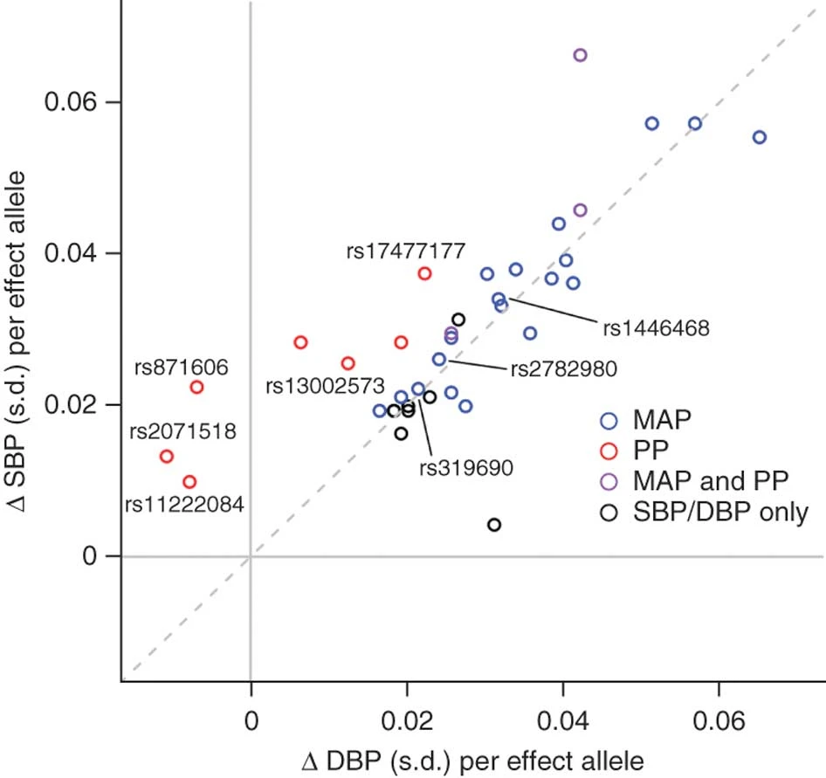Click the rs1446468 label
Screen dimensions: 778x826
[656, 328]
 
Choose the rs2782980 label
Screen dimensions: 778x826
[563, 368]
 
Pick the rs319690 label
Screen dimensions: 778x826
[465, 467]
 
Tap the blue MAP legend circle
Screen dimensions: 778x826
[610, 419]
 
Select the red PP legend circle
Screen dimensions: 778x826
[610, 451]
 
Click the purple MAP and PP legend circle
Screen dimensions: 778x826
[610, 481]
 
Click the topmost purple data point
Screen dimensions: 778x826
[580, 55]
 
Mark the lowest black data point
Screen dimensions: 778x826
[494, 525]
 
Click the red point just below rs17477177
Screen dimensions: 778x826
[424, 273]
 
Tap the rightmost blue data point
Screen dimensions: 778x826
[760, 137]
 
